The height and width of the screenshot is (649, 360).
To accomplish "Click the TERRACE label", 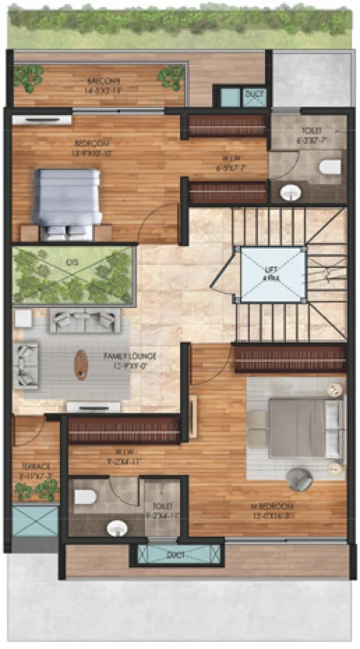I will coord(36,467).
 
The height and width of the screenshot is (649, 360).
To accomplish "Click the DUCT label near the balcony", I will coord(254,94).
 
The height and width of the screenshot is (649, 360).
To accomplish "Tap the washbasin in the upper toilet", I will coord(290,192).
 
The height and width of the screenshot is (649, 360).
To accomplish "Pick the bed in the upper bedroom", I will coord(67,200).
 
